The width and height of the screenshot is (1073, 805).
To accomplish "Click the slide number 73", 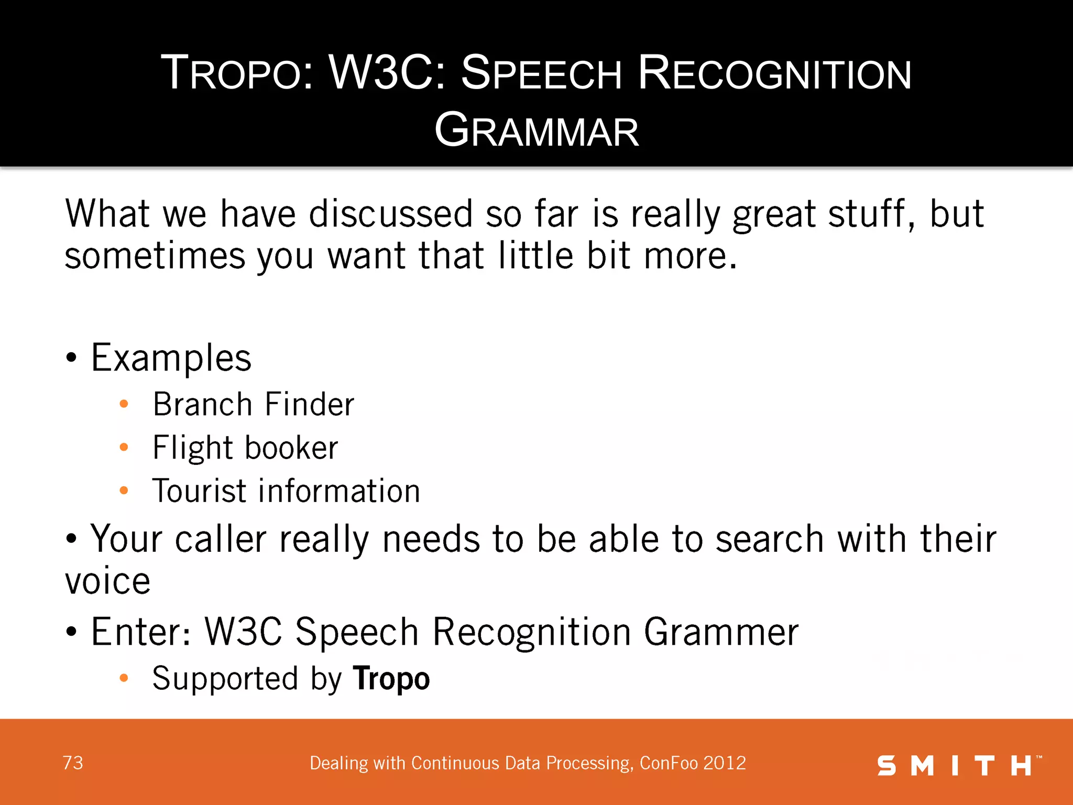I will click(x=73, y=763).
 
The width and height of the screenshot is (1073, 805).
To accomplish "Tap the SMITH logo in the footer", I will click(x=958, y=766).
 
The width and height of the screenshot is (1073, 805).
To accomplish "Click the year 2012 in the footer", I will click(x=725, y=763).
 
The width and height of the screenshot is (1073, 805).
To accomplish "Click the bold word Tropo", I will click(x=391, y=679).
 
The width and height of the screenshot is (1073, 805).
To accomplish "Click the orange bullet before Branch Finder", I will click(x=124, y=404).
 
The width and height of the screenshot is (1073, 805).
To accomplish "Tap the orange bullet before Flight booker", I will click(x=124, y=447).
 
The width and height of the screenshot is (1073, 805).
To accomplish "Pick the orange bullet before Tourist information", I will click(x=124, y=491).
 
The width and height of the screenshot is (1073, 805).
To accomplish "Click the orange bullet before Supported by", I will click(x=124, y=678).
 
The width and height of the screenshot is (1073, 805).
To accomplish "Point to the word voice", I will click(x=107, y=581).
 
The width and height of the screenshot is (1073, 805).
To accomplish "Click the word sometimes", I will click(x=155, y=256).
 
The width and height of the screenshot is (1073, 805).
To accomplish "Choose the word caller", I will click(x=221, y=539).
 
